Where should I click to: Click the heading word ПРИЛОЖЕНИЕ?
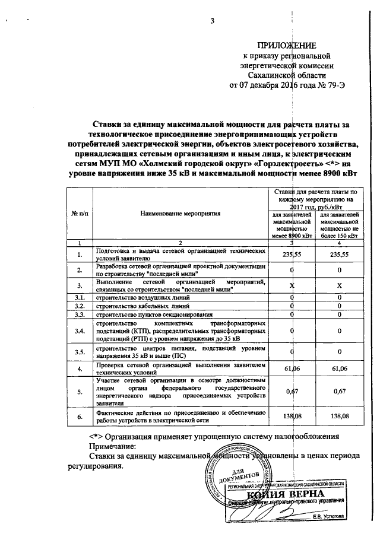[x=286, y=46]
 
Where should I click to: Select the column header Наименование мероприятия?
[x=180, y=212]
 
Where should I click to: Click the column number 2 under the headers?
[x=180, y=243]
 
